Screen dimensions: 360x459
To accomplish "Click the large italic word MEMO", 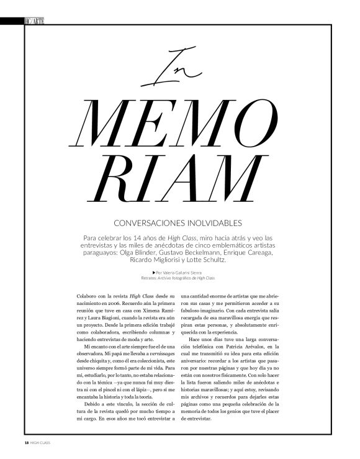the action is pyautogui.click(x=180, y=122).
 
